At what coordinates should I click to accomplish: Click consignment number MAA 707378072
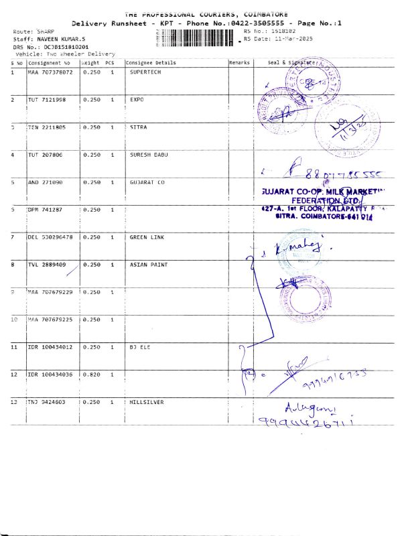pyautogui.click(x=50, y=72)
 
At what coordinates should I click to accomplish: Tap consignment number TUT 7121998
pyautogui.click(x=47, y=99)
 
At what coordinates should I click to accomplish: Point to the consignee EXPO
pyautogui.click(x=137, y=99)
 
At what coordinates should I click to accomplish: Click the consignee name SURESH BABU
pyautogui.click(x=149, y=155)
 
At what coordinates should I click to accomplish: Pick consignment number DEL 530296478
pyautogui.click(x=50, y=237)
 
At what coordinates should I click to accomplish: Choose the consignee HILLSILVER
pyautogui.click(x=147, y=402)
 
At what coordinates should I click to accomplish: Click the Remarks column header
pyautogui.click(x=239, y=62)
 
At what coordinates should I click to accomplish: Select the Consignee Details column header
pyautogui.click(x=151, y=62)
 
